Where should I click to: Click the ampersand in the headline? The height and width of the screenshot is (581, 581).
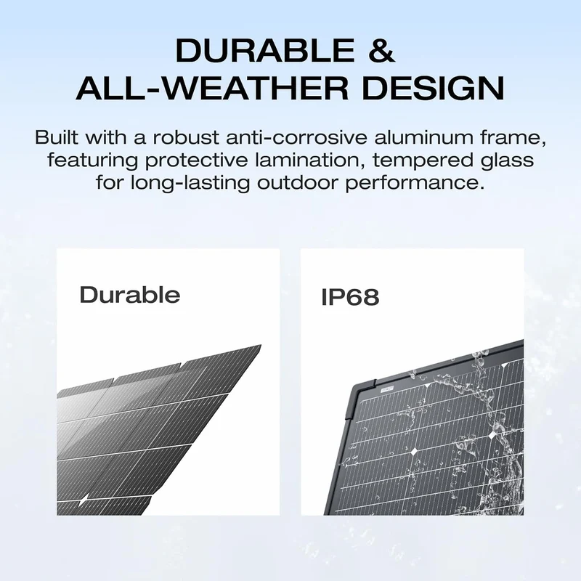coord(382,50)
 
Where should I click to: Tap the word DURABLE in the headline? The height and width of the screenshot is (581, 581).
coord(265,50)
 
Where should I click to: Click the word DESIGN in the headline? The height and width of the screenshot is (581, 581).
coord(434,88)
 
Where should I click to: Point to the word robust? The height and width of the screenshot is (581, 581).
coord(187,137)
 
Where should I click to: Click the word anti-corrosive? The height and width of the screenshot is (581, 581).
coord(297,137)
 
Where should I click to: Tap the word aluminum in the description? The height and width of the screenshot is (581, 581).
coord(424,137)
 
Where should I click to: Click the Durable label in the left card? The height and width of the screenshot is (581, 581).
coord(130,295)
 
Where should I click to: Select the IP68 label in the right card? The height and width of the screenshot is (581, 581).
coord(350,297)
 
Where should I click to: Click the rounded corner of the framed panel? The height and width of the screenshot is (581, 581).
coord(354,389)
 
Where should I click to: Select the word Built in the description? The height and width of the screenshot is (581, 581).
coord(57,137)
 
